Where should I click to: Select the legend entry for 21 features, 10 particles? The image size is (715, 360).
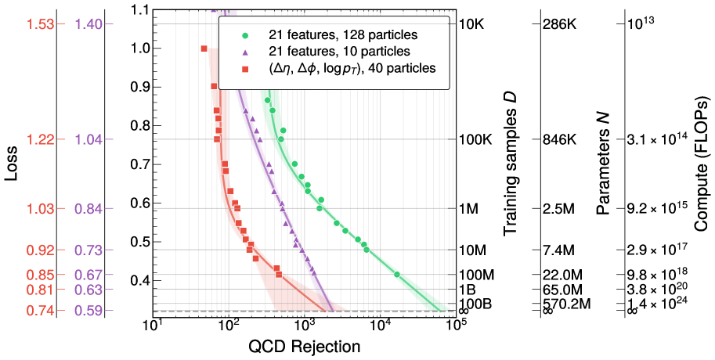(326, 52)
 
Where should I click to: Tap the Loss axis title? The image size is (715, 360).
(11, 167)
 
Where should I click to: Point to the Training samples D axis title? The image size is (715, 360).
(510, 165)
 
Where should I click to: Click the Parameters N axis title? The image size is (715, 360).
(603, 164)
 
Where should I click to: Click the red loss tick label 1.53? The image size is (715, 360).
(38, 23)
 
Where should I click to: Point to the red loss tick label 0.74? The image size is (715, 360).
(38, 311)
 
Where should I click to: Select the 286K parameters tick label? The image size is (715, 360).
(559, 23)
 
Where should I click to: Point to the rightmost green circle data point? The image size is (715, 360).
(396, 275)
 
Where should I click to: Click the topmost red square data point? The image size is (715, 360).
(204, 49)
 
